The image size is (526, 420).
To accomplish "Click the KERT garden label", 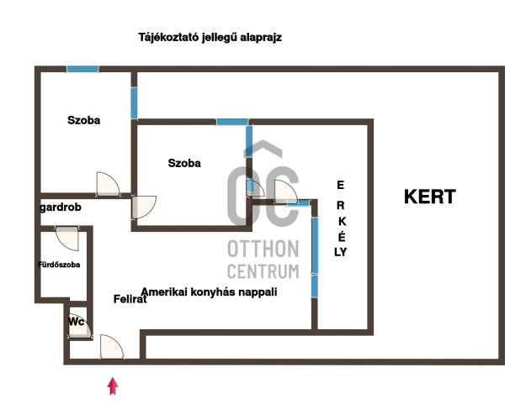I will click(430, 197).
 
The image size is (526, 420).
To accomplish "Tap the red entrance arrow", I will click(114, 386).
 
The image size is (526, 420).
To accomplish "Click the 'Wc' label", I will click(76, 321).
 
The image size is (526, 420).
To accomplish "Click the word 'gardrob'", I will click(60, 207).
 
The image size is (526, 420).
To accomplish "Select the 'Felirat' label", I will click(130, 298).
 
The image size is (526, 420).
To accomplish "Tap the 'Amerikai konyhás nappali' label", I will click(210, 291).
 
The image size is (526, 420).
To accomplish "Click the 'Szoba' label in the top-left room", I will click(84, 120).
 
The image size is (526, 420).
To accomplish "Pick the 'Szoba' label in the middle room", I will click(184, 163).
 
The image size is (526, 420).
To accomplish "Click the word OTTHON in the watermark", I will click(263, 249).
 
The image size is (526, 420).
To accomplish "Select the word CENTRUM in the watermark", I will click(263, 270).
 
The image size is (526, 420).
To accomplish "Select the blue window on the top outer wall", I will click(82, 68).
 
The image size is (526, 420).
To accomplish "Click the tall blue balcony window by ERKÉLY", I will click(314, 245).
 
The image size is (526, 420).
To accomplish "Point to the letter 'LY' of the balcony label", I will click(341, 250).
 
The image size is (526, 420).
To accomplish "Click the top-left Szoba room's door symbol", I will click(108, 184).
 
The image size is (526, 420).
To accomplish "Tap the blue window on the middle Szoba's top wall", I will click(231, 123).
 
